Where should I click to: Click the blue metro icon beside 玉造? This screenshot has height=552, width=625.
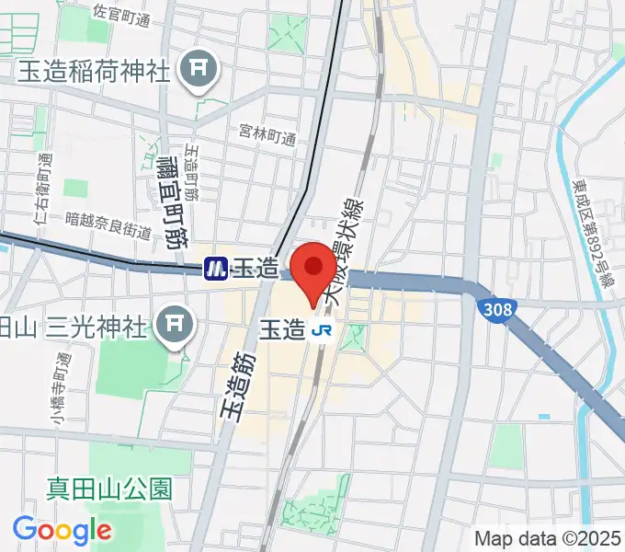click(216, 268)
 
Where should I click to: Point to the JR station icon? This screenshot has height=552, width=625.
click(322, 328)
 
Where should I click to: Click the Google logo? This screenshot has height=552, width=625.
click(62, 529)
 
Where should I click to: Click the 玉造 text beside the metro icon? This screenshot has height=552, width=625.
click(255, 269)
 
